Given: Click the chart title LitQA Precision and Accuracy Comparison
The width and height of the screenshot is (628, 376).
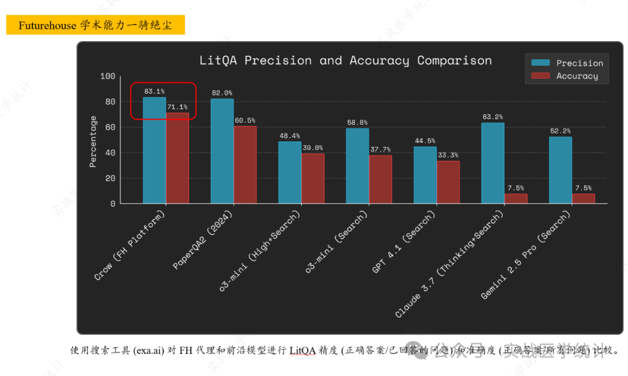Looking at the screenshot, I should (345, 60).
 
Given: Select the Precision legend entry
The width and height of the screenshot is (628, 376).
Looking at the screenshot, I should (579, 63).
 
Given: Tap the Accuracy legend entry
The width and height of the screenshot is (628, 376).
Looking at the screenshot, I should (576, 76).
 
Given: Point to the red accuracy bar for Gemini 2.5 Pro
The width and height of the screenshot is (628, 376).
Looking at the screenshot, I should (583, 199).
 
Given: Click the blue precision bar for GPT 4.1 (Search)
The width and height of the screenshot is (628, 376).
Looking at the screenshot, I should (425, 175).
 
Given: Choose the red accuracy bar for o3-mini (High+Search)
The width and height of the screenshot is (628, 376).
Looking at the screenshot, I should (312, 178).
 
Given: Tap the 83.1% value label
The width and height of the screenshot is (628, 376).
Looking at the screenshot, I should (154, 91).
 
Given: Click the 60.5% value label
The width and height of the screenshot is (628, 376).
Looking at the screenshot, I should (245, 120).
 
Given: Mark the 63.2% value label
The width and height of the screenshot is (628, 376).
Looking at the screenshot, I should (493, 117).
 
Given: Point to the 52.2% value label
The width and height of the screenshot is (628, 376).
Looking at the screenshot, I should (560, 131).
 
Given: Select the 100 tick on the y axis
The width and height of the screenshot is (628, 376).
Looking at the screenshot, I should (108, 76).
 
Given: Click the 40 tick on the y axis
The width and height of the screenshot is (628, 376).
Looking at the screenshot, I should (110, 153).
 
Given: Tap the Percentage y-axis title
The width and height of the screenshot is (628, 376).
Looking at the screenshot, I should (93, 141).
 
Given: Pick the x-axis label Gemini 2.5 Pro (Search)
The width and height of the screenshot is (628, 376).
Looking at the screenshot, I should (526, 256).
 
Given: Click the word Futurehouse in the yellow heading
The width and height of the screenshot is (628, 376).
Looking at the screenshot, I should (47, 26).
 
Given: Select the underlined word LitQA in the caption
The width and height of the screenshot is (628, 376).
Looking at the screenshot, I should (302, 350).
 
